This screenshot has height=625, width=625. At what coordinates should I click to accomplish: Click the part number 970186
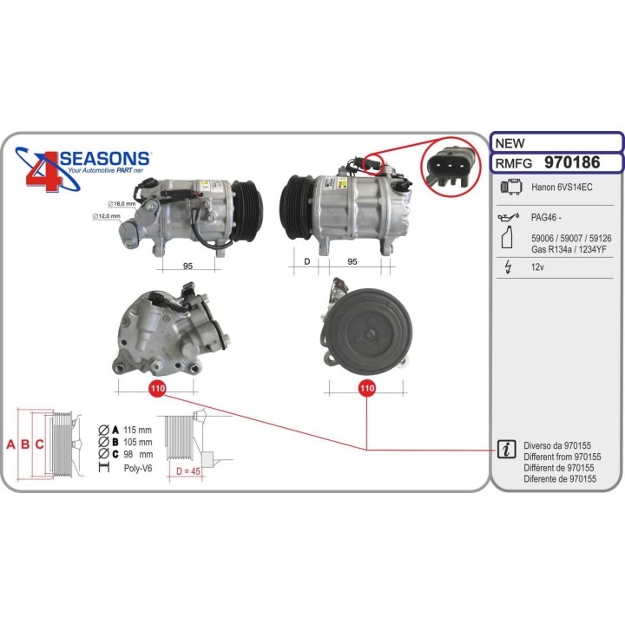pyautogui.click(x=572, y=162)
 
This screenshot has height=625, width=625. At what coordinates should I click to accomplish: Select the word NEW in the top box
pyautogui.click(x=510, y=143)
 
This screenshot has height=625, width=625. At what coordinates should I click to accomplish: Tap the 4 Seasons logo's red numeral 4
pyautogui.click(x=44, y=171)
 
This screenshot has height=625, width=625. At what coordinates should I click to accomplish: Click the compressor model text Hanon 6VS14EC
pyautogui.click(x=562, y=187)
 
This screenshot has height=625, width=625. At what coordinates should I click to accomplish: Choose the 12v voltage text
pyautogui.click(x=537, y=267)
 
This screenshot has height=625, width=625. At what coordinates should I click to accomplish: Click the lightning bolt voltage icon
pyautogui.click(x=508, y=266)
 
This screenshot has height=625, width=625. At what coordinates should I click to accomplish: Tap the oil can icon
pyautogui.click(x=509, y=217)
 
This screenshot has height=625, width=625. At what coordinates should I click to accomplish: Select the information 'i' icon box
pyautogui.click(x=506, y=450)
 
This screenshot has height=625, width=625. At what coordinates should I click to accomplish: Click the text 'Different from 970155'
pyautogui.click(x=562, y=457)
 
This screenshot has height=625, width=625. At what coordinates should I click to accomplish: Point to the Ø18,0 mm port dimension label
pyautogui.click(x=122, y=204)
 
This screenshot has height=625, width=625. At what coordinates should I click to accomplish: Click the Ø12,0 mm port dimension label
pyautogui.click(x=107, y=216)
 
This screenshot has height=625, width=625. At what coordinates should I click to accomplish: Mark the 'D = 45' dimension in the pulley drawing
pyautogui.click(x=188, y=471)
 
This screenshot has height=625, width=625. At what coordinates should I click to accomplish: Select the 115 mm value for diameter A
pyautogui.click(x=137, y=430)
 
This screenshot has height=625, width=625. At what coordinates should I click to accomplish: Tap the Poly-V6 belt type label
pyautogui.click(x=138, y=468)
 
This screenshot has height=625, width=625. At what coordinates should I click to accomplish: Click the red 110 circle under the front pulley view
pyautogui.click(x=366, y=388)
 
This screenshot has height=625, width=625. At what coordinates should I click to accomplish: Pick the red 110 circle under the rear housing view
pyautogui.click(x=157, y=388)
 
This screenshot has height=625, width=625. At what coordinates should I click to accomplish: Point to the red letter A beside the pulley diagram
pyautogui.click(x=10, y=444)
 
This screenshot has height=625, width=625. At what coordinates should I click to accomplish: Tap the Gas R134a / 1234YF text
pyautogui.click(x=569, y=249)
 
